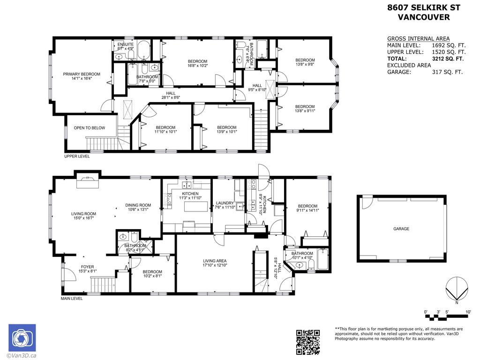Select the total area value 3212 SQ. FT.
pos(447,59)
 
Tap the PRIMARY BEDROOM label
pos(82,74)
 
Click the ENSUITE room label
pos(125,45)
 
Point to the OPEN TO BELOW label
pos(90,128)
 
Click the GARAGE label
pos(401,229)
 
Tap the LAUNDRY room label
pos(225,203)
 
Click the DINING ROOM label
pos(138,205)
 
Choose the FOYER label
pos(87,267)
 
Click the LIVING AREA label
pos(215,261)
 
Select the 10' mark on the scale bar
pos(468,312)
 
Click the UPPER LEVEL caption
pos(77,157)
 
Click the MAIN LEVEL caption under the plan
pos(72,299)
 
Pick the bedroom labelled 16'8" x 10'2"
pos(197,61)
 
